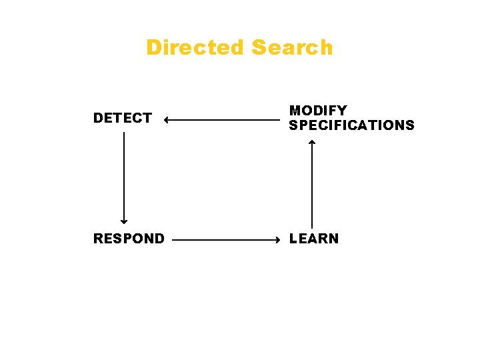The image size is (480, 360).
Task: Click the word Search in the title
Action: [x=293, y=48]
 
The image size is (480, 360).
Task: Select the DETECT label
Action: [x=123, y=119]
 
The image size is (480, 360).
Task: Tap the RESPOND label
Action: [x=129, y=239]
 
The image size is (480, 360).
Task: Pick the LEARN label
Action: [x=313, y=239]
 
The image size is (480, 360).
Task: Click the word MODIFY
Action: [x=318, y=111]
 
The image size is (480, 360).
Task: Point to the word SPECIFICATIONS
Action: [x=351, y=125]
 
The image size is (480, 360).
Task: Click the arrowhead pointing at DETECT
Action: [x=166, y=121]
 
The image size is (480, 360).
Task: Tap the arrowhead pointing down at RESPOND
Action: [x=123, y=221]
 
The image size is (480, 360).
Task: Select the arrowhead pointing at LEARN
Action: [x=278, y=238]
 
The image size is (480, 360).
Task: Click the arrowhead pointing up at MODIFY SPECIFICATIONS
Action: [x=312, y=142]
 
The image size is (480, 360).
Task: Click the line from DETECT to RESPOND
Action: [x=123, y=177]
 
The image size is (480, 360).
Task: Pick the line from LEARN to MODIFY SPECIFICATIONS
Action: [x=312, y=187]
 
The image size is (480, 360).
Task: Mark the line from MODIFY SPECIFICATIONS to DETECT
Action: [x=223, y=121]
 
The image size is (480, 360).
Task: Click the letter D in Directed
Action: [x=153, y=48]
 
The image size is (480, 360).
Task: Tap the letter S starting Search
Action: [x=259, y=48]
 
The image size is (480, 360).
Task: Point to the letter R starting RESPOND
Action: [x=98, y=239]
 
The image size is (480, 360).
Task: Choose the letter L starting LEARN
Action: [x=293, y=239]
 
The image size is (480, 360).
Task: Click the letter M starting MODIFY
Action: [x=294, y=111]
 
